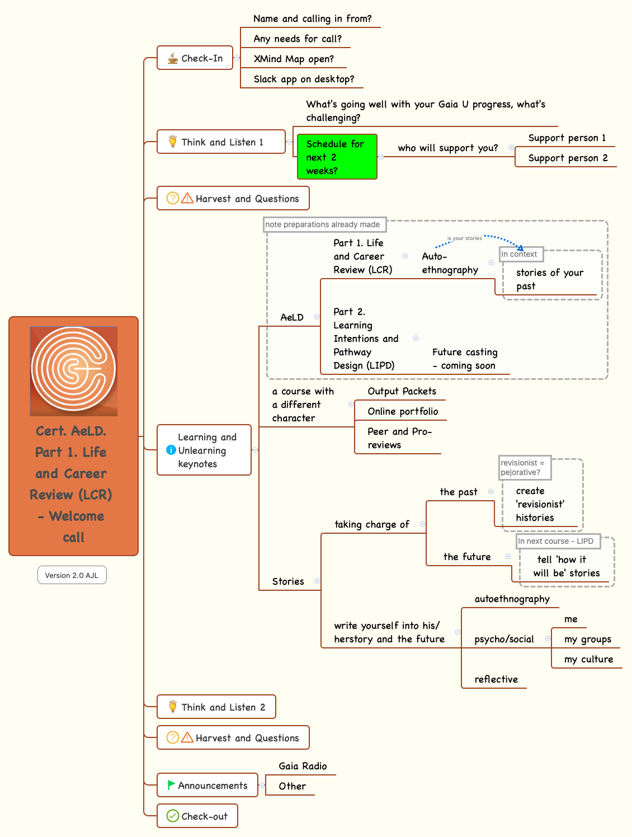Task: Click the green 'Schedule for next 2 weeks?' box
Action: click(x=337, y=157)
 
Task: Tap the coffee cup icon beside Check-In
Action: click(x=173, y=58)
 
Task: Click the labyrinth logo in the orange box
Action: click(x=73, y=370)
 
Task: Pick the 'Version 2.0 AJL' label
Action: click(x=72, y=575)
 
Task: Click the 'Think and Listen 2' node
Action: click(x=216, y=707)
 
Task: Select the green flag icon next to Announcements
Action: click(x=171, y=785)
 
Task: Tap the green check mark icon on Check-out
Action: click(x=173, y=816)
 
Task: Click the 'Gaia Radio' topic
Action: click(x=303, y=766)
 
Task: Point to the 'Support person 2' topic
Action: click(x=568, y=158)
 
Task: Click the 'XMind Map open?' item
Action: click(x=294, y=59)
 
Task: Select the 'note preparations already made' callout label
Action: click(x=324, y=224)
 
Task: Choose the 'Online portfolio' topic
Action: click(x=403, y=411)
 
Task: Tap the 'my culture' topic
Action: click(x=588, y=659)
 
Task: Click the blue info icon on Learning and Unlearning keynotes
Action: click(x=171, y=450)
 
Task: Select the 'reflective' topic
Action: click(x=496, y=679)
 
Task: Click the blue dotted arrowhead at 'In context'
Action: click(x=520, y=247)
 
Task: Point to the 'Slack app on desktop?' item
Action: click(x=304, y=79)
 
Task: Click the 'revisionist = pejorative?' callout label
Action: click(x=524, y=467)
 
